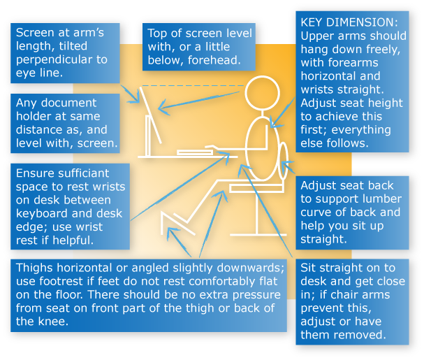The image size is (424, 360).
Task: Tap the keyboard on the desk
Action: [x=195, y=152]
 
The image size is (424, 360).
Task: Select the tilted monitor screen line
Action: [x=150, y=115]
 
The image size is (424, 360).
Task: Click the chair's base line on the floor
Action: [x=258, y=234]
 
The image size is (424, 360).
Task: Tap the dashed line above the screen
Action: [x=193, y=85]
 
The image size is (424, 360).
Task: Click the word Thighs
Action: [x=34, y=268]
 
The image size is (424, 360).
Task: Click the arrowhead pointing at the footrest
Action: [x=171, y=232]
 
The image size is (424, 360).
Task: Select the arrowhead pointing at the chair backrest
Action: [x=286, y=164]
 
